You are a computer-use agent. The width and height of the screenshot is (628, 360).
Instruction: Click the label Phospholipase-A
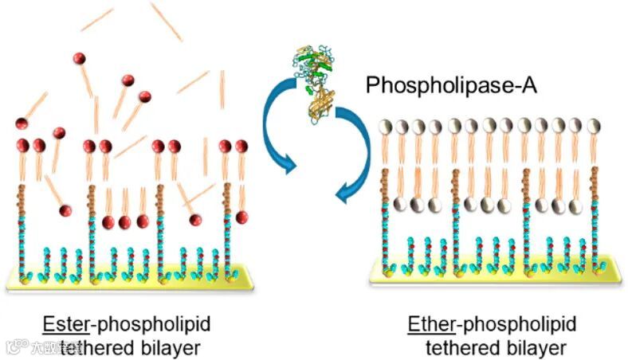coord(451,86)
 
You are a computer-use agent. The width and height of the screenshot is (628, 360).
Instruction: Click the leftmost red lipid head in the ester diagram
coord(22,125)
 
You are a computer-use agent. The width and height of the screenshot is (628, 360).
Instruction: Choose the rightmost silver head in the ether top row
coord(594,126)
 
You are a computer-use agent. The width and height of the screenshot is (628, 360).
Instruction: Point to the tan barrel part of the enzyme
coord(322,104)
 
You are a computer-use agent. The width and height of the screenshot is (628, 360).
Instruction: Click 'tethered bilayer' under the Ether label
coord(496,347)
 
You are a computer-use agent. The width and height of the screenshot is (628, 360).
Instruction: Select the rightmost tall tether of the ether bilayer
coord(594,215)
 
